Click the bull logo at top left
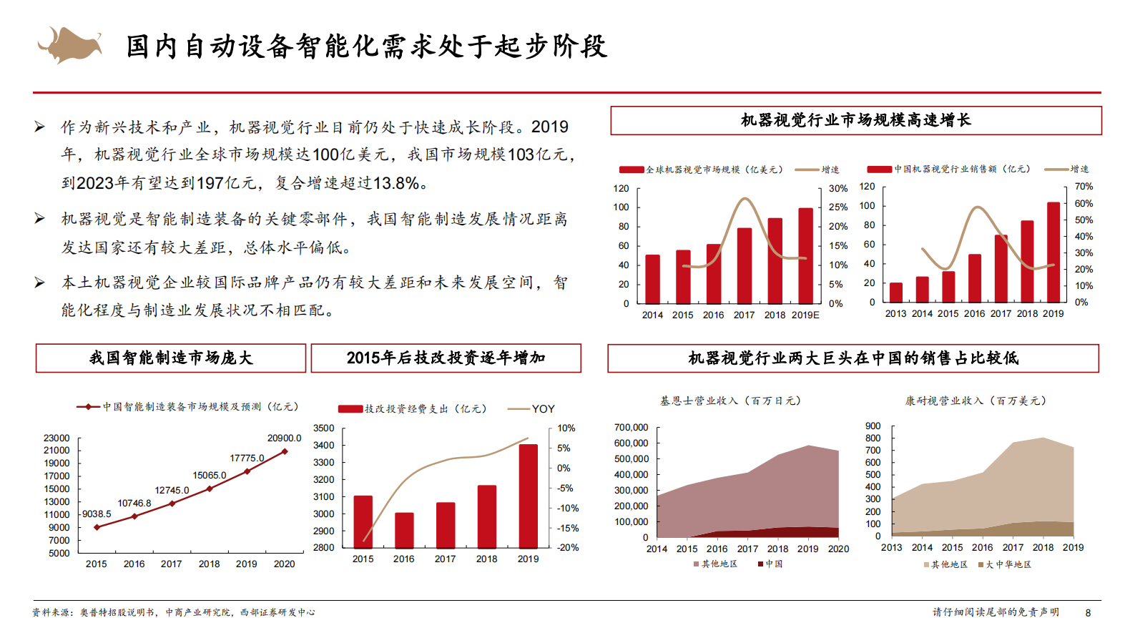coord(69,44)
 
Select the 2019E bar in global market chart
coord(806,255)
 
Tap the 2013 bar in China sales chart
coord(895,293)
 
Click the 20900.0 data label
coord(284,438)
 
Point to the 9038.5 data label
coord(97,514)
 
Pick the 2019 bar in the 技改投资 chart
coord(529,496)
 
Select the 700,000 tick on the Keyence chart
coord(631,428)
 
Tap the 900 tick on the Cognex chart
coord(873,426)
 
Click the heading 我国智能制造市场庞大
coord(171,358)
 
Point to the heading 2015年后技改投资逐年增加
coord(446,358)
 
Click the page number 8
coord(1088,613)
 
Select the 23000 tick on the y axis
coord(56,438)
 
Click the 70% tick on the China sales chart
coord(1084,187)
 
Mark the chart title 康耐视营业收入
coord(976,401)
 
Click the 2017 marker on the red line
coord(172,504)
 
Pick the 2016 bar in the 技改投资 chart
coord(404,530)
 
